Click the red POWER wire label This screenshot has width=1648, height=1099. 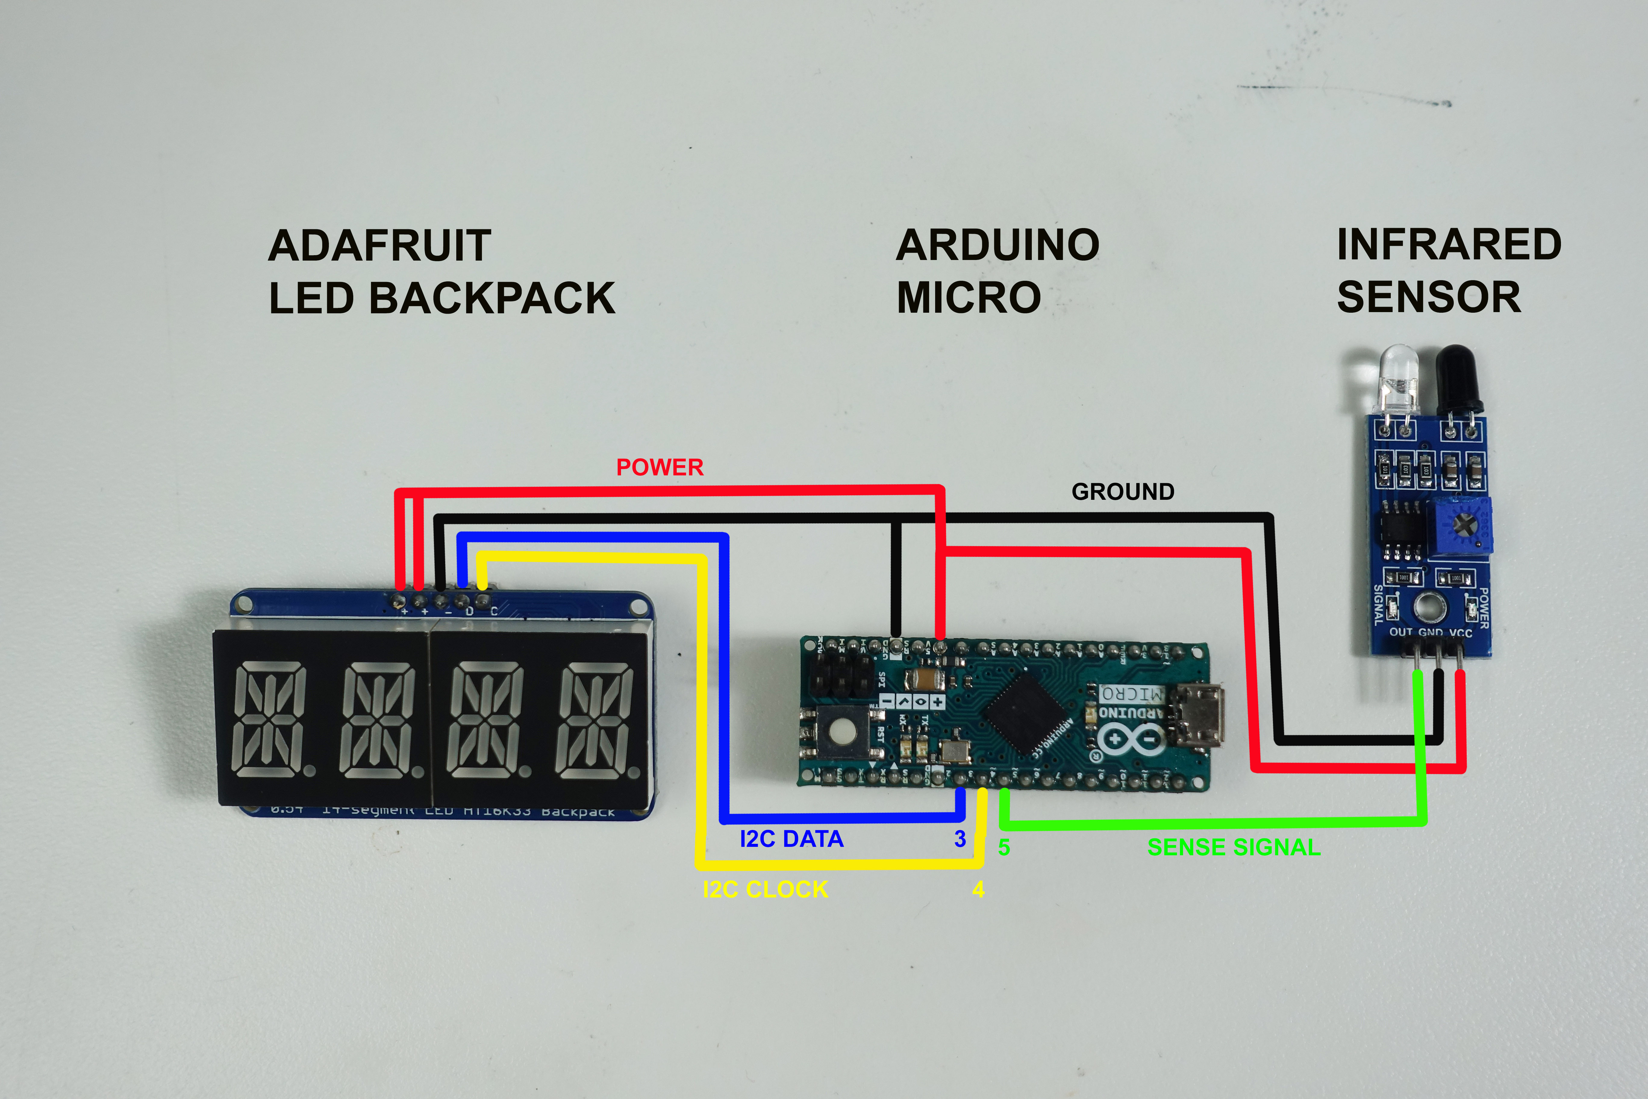point(659,468)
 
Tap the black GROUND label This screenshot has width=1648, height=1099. point(1122,492)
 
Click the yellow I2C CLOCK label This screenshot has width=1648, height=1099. point(765,889)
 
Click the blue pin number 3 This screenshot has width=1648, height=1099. point(960,839)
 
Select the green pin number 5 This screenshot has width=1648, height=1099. point(1004,847)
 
